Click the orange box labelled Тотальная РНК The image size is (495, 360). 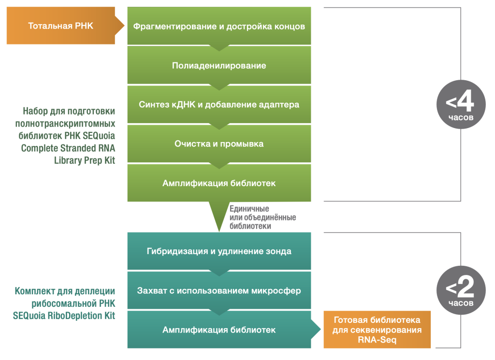[x=61, y=26]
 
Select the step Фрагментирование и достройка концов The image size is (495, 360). [x=219, y=26]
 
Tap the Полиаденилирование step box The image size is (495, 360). [x=219, y=65]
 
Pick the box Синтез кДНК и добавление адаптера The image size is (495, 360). [x=219, y=104]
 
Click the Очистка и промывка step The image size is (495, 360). [x=219, y=144]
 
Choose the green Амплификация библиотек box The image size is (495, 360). [x=219, y=183]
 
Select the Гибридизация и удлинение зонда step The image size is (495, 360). [x=219, y=251]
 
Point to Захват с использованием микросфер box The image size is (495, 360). [x=219, y=290]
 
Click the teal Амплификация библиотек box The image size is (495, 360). [x=219, y=330]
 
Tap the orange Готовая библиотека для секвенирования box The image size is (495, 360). [x=377, y=330]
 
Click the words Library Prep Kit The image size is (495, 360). [x=85, y=161]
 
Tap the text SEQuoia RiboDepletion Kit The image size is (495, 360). [x=64, y=316]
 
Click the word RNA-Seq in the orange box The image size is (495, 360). [x=377, y=340]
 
